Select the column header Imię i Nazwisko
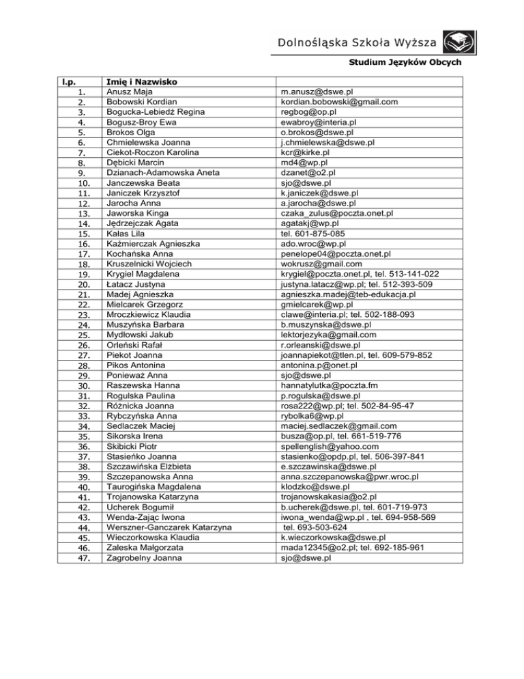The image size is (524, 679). tap(142, 82)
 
